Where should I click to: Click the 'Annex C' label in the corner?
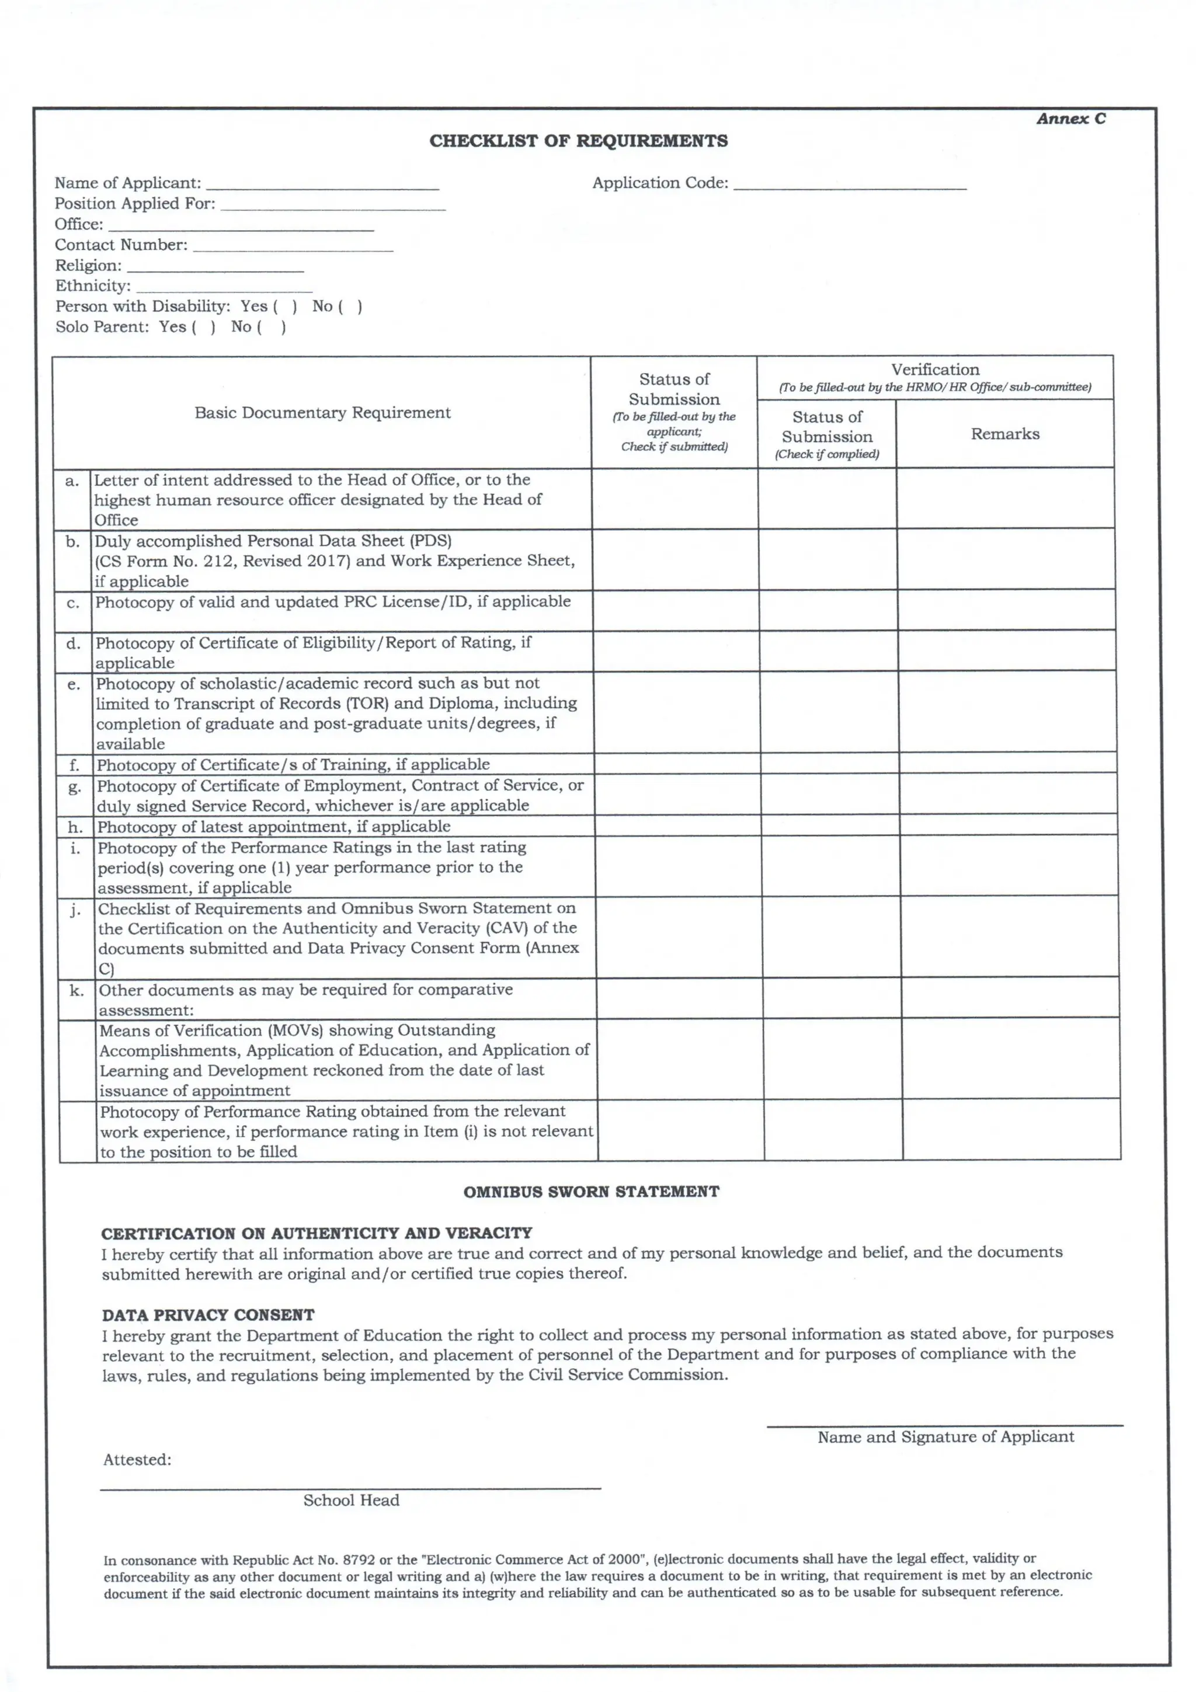point(1070,119)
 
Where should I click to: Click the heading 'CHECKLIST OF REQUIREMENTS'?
point(579,141)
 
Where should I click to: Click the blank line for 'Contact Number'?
point(293,248)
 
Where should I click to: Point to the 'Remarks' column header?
point(1004,434)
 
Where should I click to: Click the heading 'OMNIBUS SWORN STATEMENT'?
point(591,1192)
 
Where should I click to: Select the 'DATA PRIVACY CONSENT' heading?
point(208,1315)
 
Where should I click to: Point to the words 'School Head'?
point(351,1500)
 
